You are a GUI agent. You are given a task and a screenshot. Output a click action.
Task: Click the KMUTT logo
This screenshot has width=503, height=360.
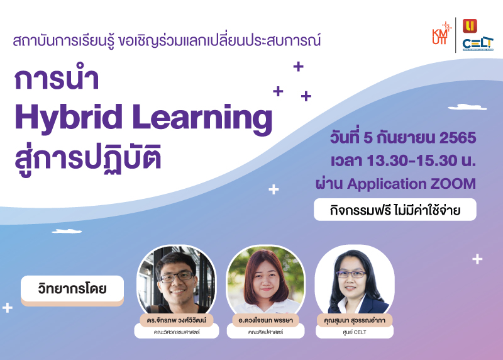pyautogui.click(x=442, y=33)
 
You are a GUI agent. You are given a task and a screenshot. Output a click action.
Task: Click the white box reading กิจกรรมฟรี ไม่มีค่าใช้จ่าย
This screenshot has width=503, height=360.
pyautogui.click(x=395, y=210)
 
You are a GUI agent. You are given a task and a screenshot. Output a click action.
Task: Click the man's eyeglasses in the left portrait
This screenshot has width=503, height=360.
pyautogui.click(x=177, y=277)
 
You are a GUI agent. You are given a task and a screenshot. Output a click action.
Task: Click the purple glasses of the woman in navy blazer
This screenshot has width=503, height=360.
pyautogui.click(x=351, y=274)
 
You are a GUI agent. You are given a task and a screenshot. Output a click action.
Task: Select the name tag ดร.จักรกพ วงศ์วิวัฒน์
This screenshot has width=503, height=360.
pyautogui.click(x=177, y=320)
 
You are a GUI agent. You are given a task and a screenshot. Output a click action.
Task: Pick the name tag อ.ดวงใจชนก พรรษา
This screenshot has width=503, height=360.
pyautogui.click(x=265, y=320)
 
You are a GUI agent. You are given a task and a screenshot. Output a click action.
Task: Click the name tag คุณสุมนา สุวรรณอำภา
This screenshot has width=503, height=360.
pyautogui.click(x=355, y=320)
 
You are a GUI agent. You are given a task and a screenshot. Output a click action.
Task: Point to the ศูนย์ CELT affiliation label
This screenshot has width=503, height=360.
pyautogui.click(x=355, y=332)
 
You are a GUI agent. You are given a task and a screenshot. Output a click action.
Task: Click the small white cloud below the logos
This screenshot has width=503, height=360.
pyautogui.click(x=467, y=107)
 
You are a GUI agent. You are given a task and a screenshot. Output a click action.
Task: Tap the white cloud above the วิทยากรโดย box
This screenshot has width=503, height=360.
pyautogui.click(x=67, y=231)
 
